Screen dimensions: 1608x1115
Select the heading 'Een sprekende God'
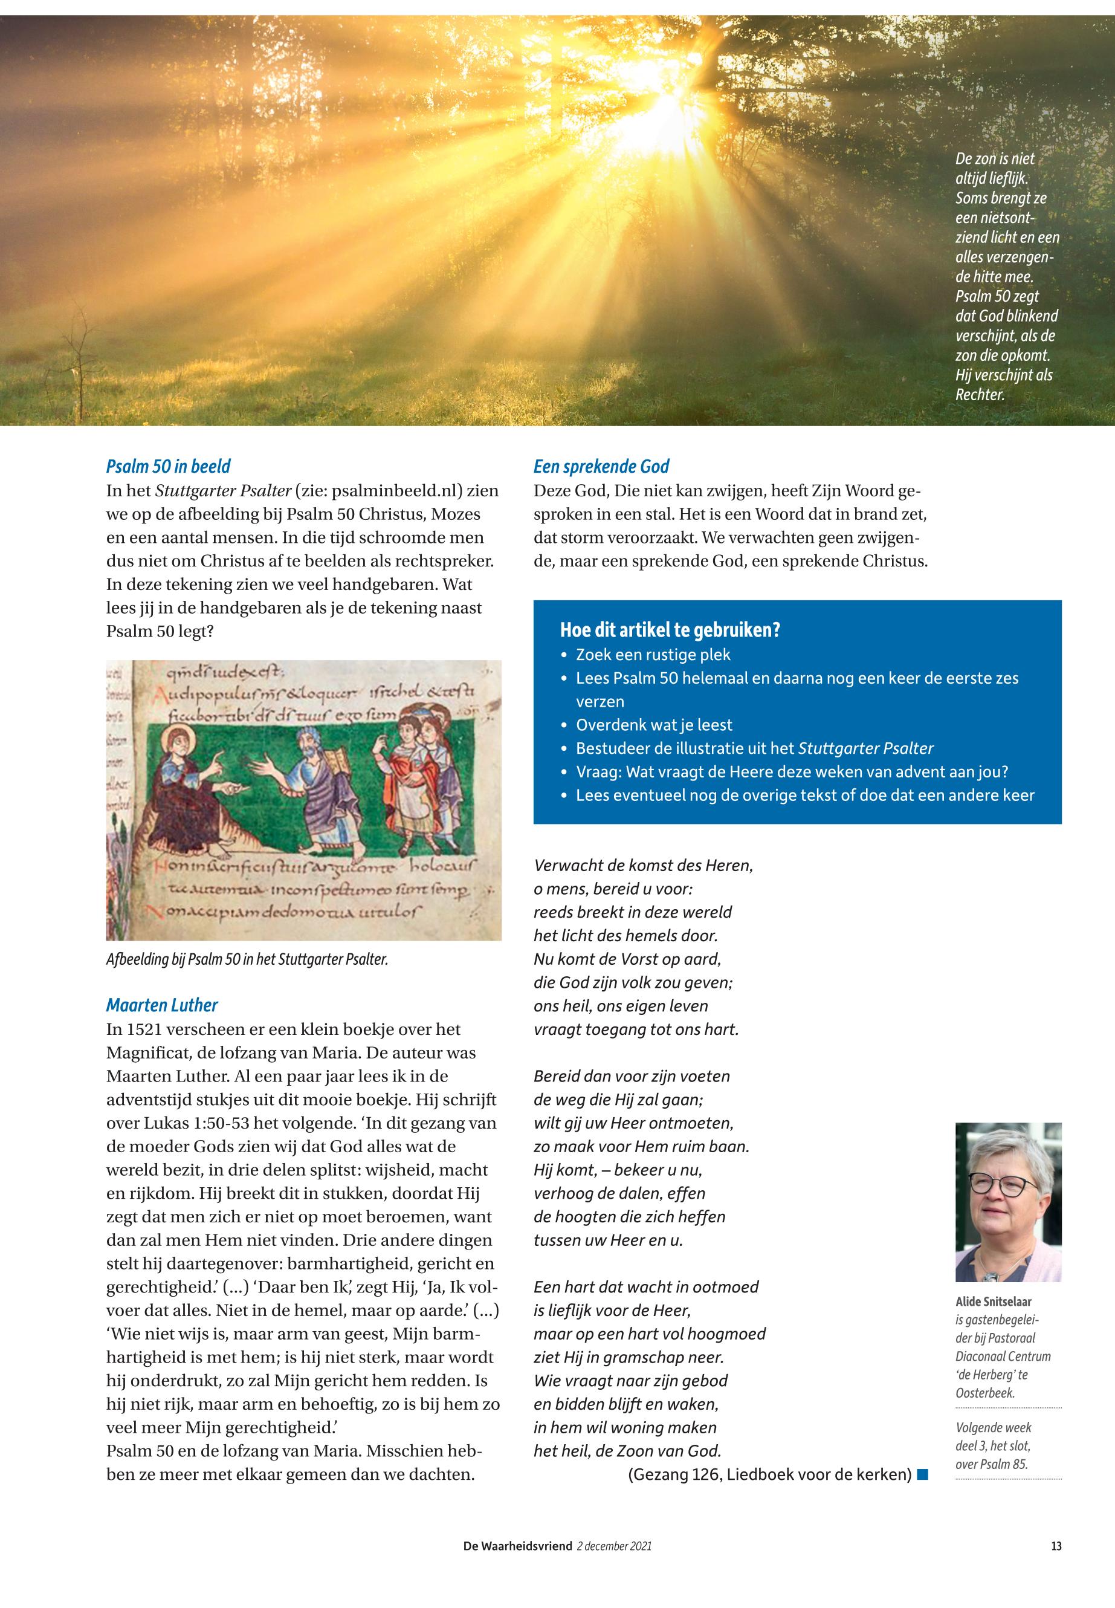pos(601,466)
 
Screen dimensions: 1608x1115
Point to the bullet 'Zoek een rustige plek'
pos(653,655)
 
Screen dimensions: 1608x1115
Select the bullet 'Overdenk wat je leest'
pos(654,725)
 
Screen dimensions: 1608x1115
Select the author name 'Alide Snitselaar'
pos(993,1302)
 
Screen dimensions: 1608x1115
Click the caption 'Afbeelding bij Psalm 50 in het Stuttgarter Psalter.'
pos(247,959)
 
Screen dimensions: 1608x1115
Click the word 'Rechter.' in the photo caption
pos(980,394)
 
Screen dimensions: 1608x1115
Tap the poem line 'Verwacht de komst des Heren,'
pos(643,865)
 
